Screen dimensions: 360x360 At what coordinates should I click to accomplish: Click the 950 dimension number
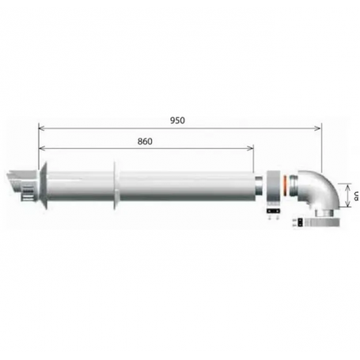pos(179,120)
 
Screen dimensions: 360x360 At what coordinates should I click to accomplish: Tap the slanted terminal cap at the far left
pos(17,175)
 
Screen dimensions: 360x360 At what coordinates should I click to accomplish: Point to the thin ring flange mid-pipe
pos(116,188)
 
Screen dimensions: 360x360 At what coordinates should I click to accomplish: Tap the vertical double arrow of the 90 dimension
pos(346,194)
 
